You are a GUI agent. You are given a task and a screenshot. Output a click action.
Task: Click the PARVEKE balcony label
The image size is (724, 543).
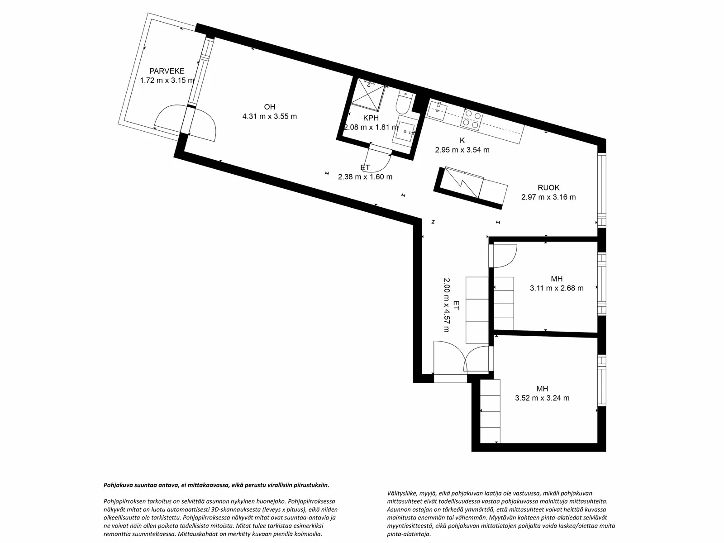[x=167, y=71]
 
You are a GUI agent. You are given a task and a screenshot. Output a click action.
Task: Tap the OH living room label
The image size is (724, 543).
[x=270, y=107]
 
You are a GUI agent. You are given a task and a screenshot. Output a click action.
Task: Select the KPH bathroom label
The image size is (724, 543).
[x=371, y=118]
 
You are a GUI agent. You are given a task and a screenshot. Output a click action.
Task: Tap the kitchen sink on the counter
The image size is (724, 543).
[x=437, y=110]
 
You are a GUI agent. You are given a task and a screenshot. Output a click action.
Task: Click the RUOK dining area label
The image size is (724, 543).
[x=548, y=188]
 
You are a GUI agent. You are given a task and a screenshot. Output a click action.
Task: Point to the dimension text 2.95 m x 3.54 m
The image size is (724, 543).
[x=462, y=150]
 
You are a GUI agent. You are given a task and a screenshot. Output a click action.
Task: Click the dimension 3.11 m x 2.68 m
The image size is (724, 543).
[x=557, y=288]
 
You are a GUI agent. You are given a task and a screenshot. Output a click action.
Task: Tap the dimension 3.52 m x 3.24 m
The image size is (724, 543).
[x=542, y=398]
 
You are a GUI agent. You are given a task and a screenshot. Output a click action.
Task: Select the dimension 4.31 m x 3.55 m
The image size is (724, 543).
[x=270, y=116]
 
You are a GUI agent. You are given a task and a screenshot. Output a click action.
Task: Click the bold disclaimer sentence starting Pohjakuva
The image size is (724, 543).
[x=216, y=485]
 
